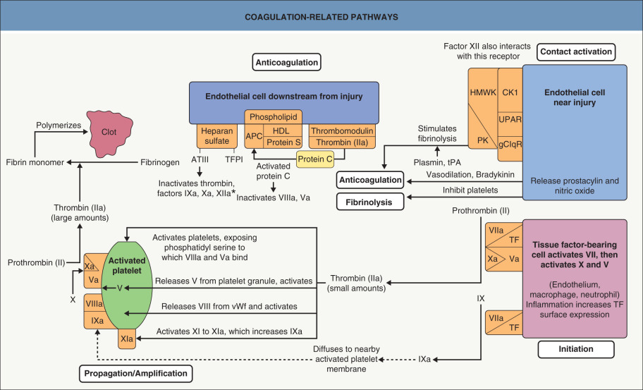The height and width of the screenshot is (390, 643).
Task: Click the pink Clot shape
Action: [x=109, y=132]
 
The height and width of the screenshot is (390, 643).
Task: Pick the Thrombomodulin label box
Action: [x=342, y=130]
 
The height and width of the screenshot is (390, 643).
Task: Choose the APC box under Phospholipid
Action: [x=255, y=136]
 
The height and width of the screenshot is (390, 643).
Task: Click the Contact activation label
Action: [x=575, y=51]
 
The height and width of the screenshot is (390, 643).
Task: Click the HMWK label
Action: [x=482, y=92]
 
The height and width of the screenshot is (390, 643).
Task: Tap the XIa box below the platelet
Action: [x=128, y=339]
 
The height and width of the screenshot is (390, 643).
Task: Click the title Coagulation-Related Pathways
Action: [x=321, y=16]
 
